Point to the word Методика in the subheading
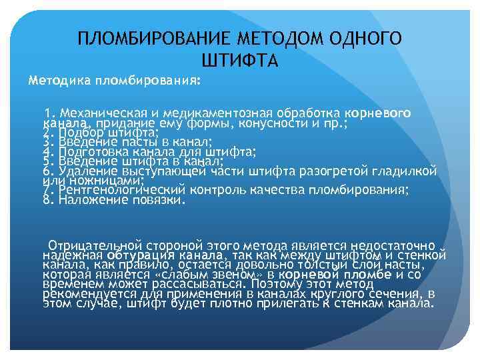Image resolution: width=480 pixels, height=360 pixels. pyautogui.click(x=60, y=80)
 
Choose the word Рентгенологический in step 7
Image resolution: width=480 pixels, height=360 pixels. pyautogui.click(x=116, y=189)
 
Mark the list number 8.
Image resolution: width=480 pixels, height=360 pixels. pyautogui.click(x=46, y=199)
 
